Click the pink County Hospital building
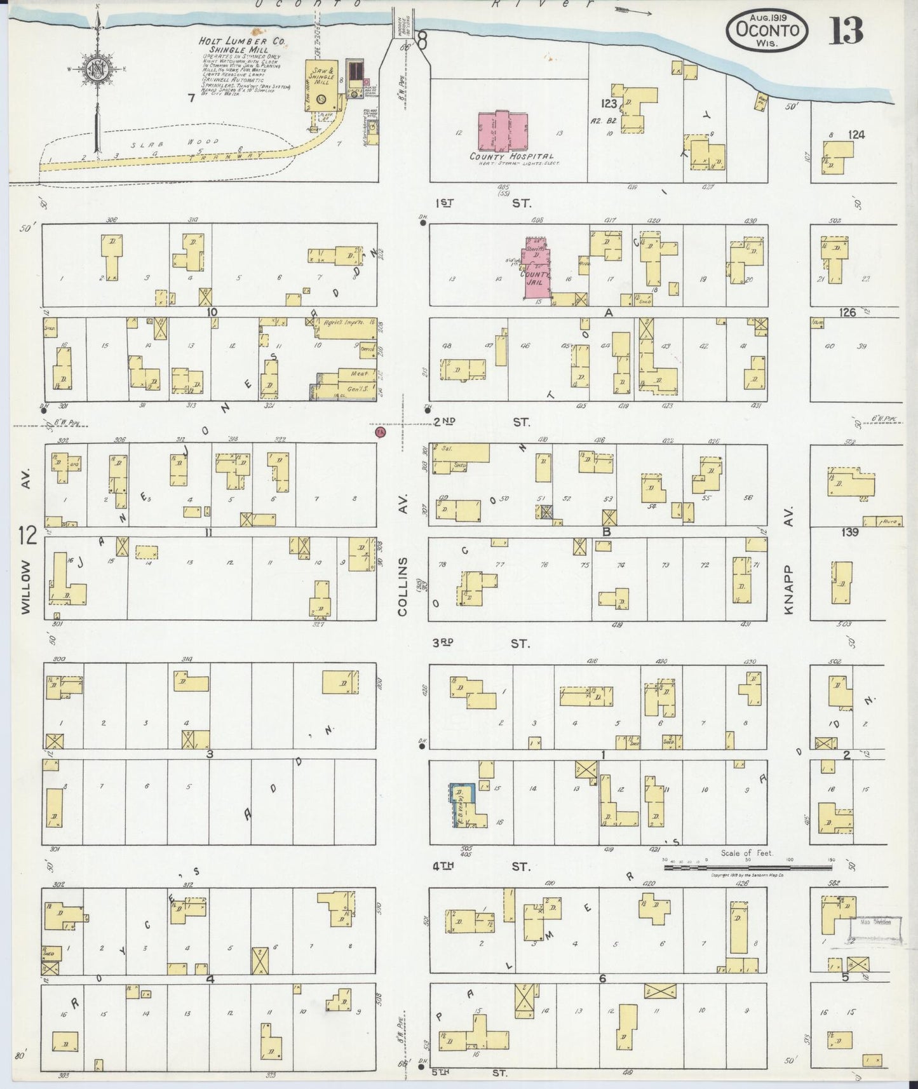[x=503, y=130]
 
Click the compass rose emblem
[x=97, y=70]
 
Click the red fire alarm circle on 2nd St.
[x=381, y=433]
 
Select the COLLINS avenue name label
[x=402, y=586]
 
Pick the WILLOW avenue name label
[x=26, y=586]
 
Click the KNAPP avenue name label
[x=790, y=587]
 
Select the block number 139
[x=849, y=532]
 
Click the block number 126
[x=847, y=313]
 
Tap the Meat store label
[x=349, y=373]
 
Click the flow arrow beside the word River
[x=633, y=11]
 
